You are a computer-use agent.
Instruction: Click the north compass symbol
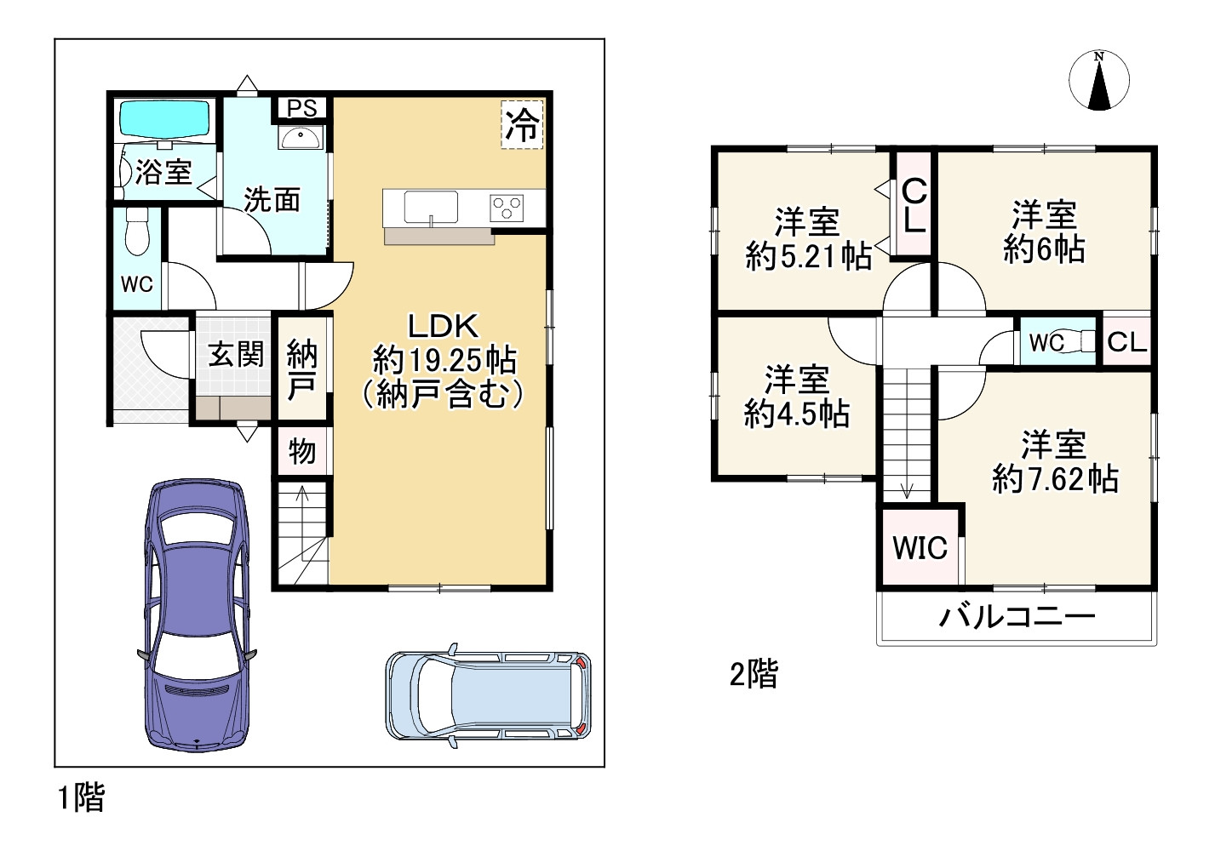(1099, 81)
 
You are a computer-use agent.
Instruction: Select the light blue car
(487, 694)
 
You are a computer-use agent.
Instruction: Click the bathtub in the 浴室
(164, 119)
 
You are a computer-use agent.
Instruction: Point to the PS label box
(301, 108)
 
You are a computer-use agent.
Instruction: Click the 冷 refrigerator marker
(521, 126)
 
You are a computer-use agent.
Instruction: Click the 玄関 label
(236, 354)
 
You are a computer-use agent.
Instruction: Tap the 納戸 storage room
(302, 368)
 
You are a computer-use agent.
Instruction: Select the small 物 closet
(301, 451)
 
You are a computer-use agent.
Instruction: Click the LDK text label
(444, 326)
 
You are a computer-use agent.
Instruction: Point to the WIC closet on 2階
(920, 547)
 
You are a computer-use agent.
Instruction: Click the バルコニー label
(1017, 616)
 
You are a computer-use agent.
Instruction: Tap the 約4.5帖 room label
(796, 414)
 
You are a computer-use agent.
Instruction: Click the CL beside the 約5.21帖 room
(914, 205)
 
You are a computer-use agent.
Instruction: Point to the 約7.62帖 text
(1055, 480)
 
